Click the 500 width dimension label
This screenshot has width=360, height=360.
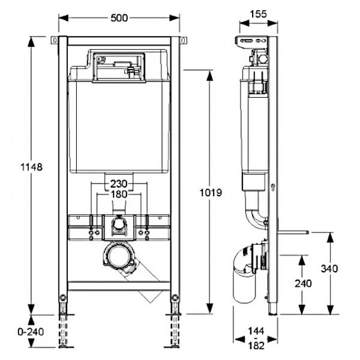(x=119, y=18)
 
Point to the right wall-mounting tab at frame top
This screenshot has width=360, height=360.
(x=183, y=40)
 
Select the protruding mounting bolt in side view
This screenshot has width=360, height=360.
(x=293, y=232)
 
